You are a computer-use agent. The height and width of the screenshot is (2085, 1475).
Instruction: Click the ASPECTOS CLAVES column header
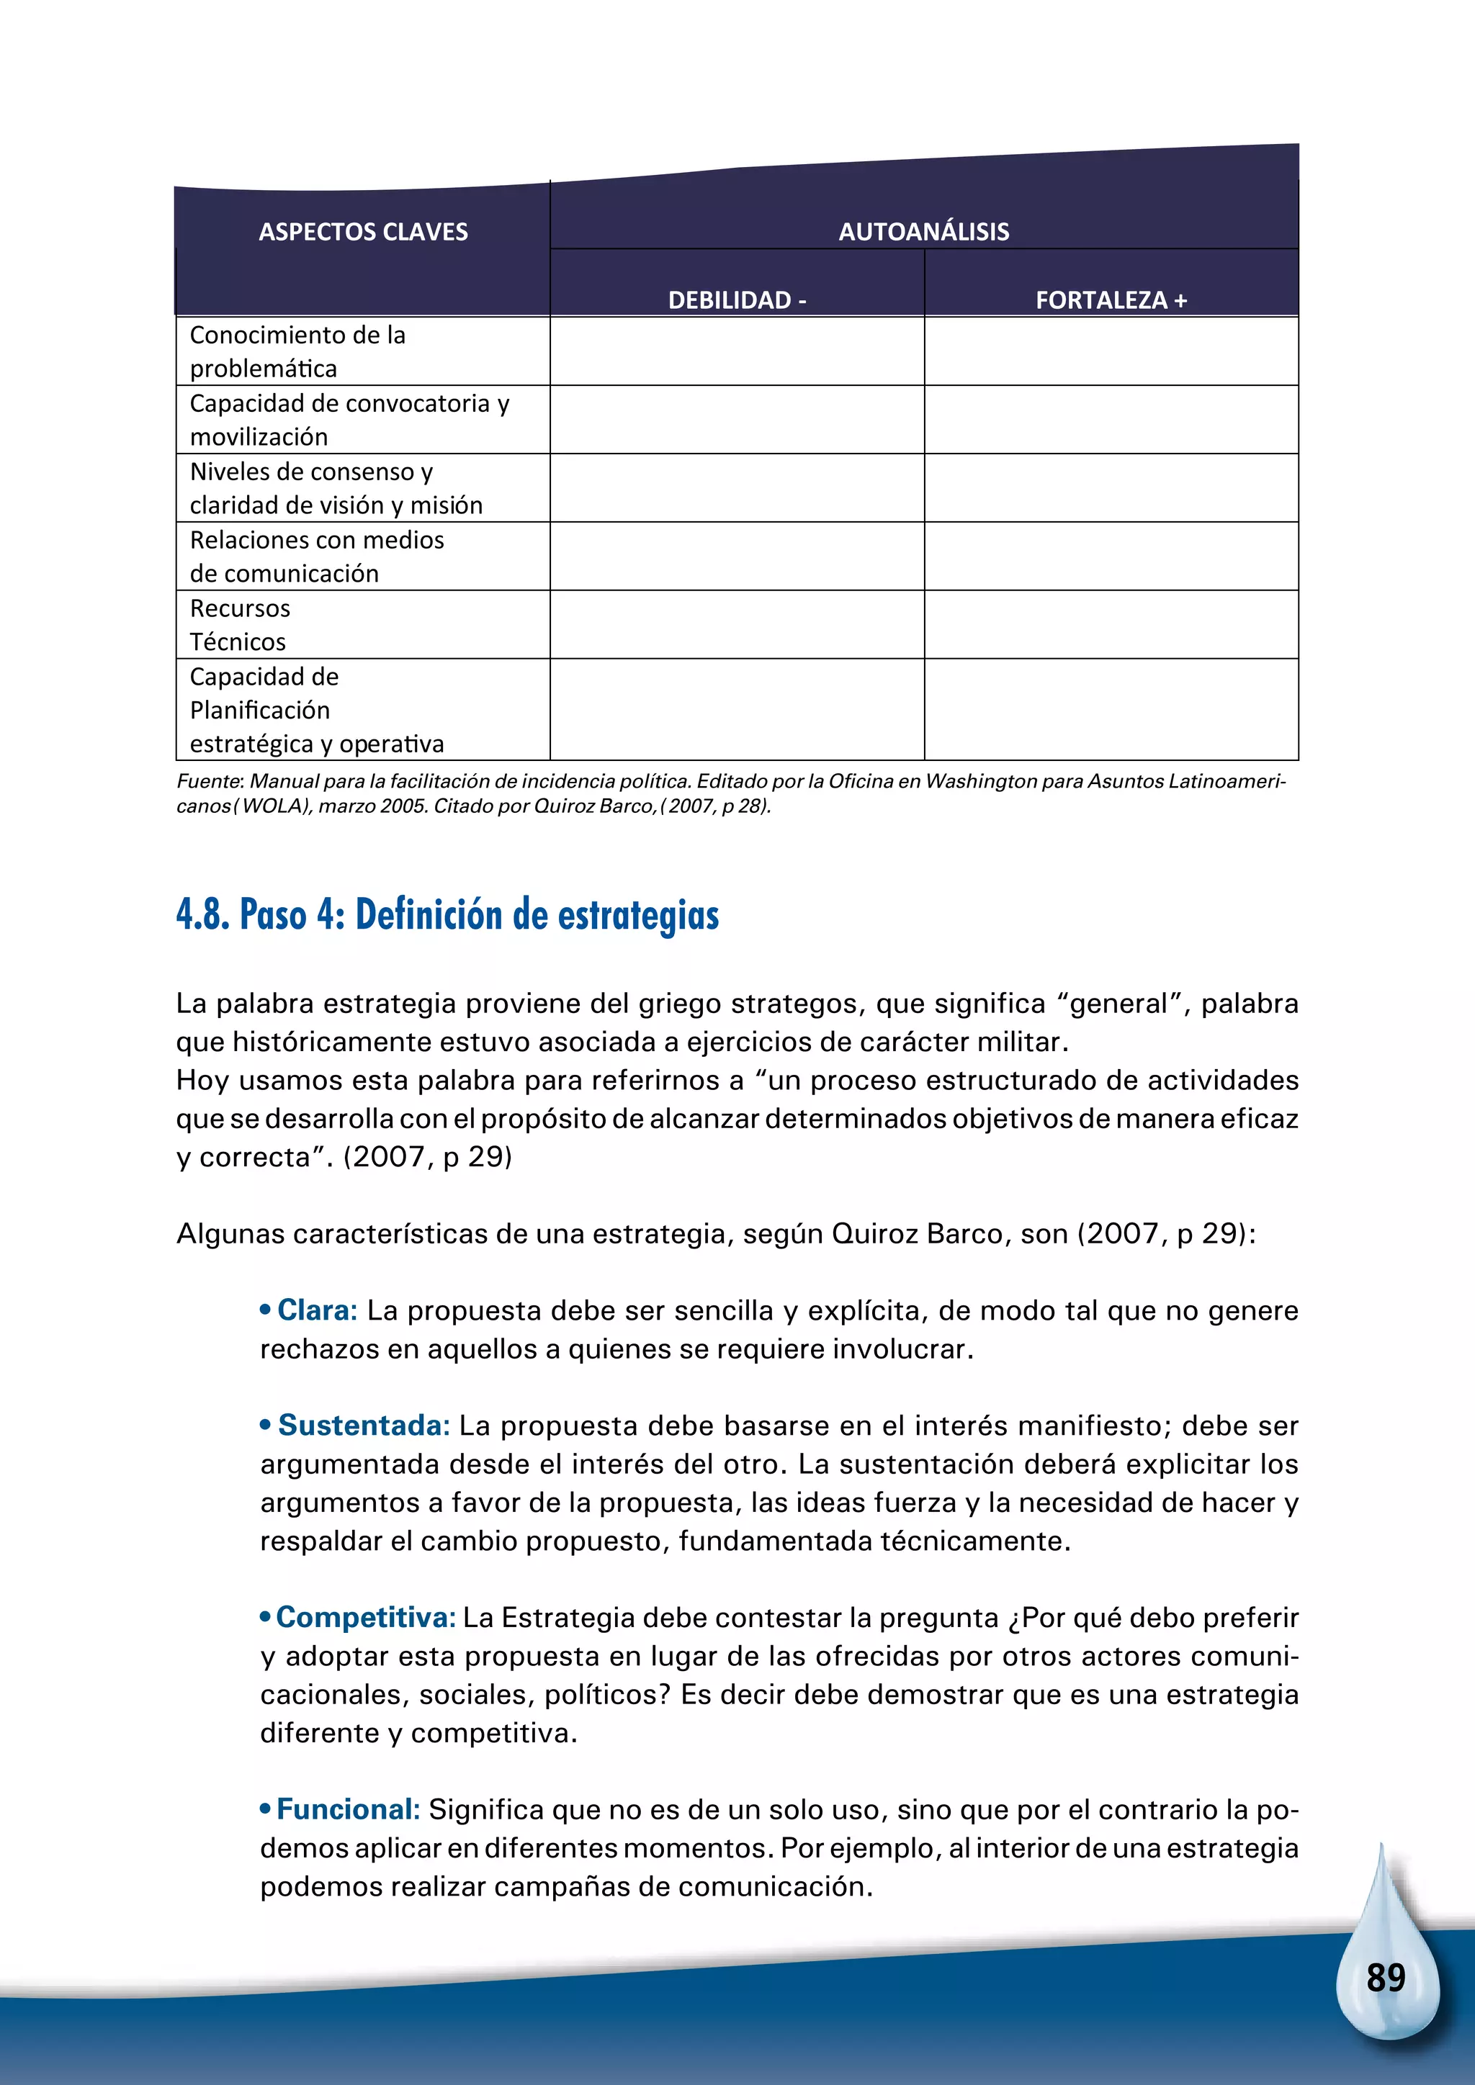[362, 232]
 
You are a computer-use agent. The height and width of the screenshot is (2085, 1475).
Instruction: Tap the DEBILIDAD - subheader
[737, 300]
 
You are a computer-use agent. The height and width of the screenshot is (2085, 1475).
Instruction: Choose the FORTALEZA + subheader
[1111, 300]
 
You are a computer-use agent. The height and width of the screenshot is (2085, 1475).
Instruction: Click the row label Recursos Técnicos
[240, 625]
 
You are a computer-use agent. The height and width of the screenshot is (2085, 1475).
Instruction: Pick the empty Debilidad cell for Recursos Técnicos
[737, 625]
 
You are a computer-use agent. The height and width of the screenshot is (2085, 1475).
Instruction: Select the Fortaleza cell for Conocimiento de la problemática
[1111, 351]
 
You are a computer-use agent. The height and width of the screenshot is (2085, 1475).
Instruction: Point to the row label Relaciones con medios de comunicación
[316, 556]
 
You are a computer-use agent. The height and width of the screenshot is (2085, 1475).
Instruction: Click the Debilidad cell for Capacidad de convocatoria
[737, 420]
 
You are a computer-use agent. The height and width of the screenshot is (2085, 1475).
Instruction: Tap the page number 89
[1385, 1978]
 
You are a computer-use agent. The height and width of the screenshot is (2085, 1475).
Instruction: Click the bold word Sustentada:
[363, 1426]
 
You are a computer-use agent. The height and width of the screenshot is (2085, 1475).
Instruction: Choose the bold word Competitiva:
[365, 1617]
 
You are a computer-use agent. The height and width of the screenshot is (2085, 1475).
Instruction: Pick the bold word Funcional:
[348, 1809]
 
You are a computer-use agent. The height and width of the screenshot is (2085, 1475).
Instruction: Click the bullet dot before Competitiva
[265, 1617]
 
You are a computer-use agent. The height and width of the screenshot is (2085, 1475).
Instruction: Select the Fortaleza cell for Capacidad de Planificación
[1111, 709]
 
